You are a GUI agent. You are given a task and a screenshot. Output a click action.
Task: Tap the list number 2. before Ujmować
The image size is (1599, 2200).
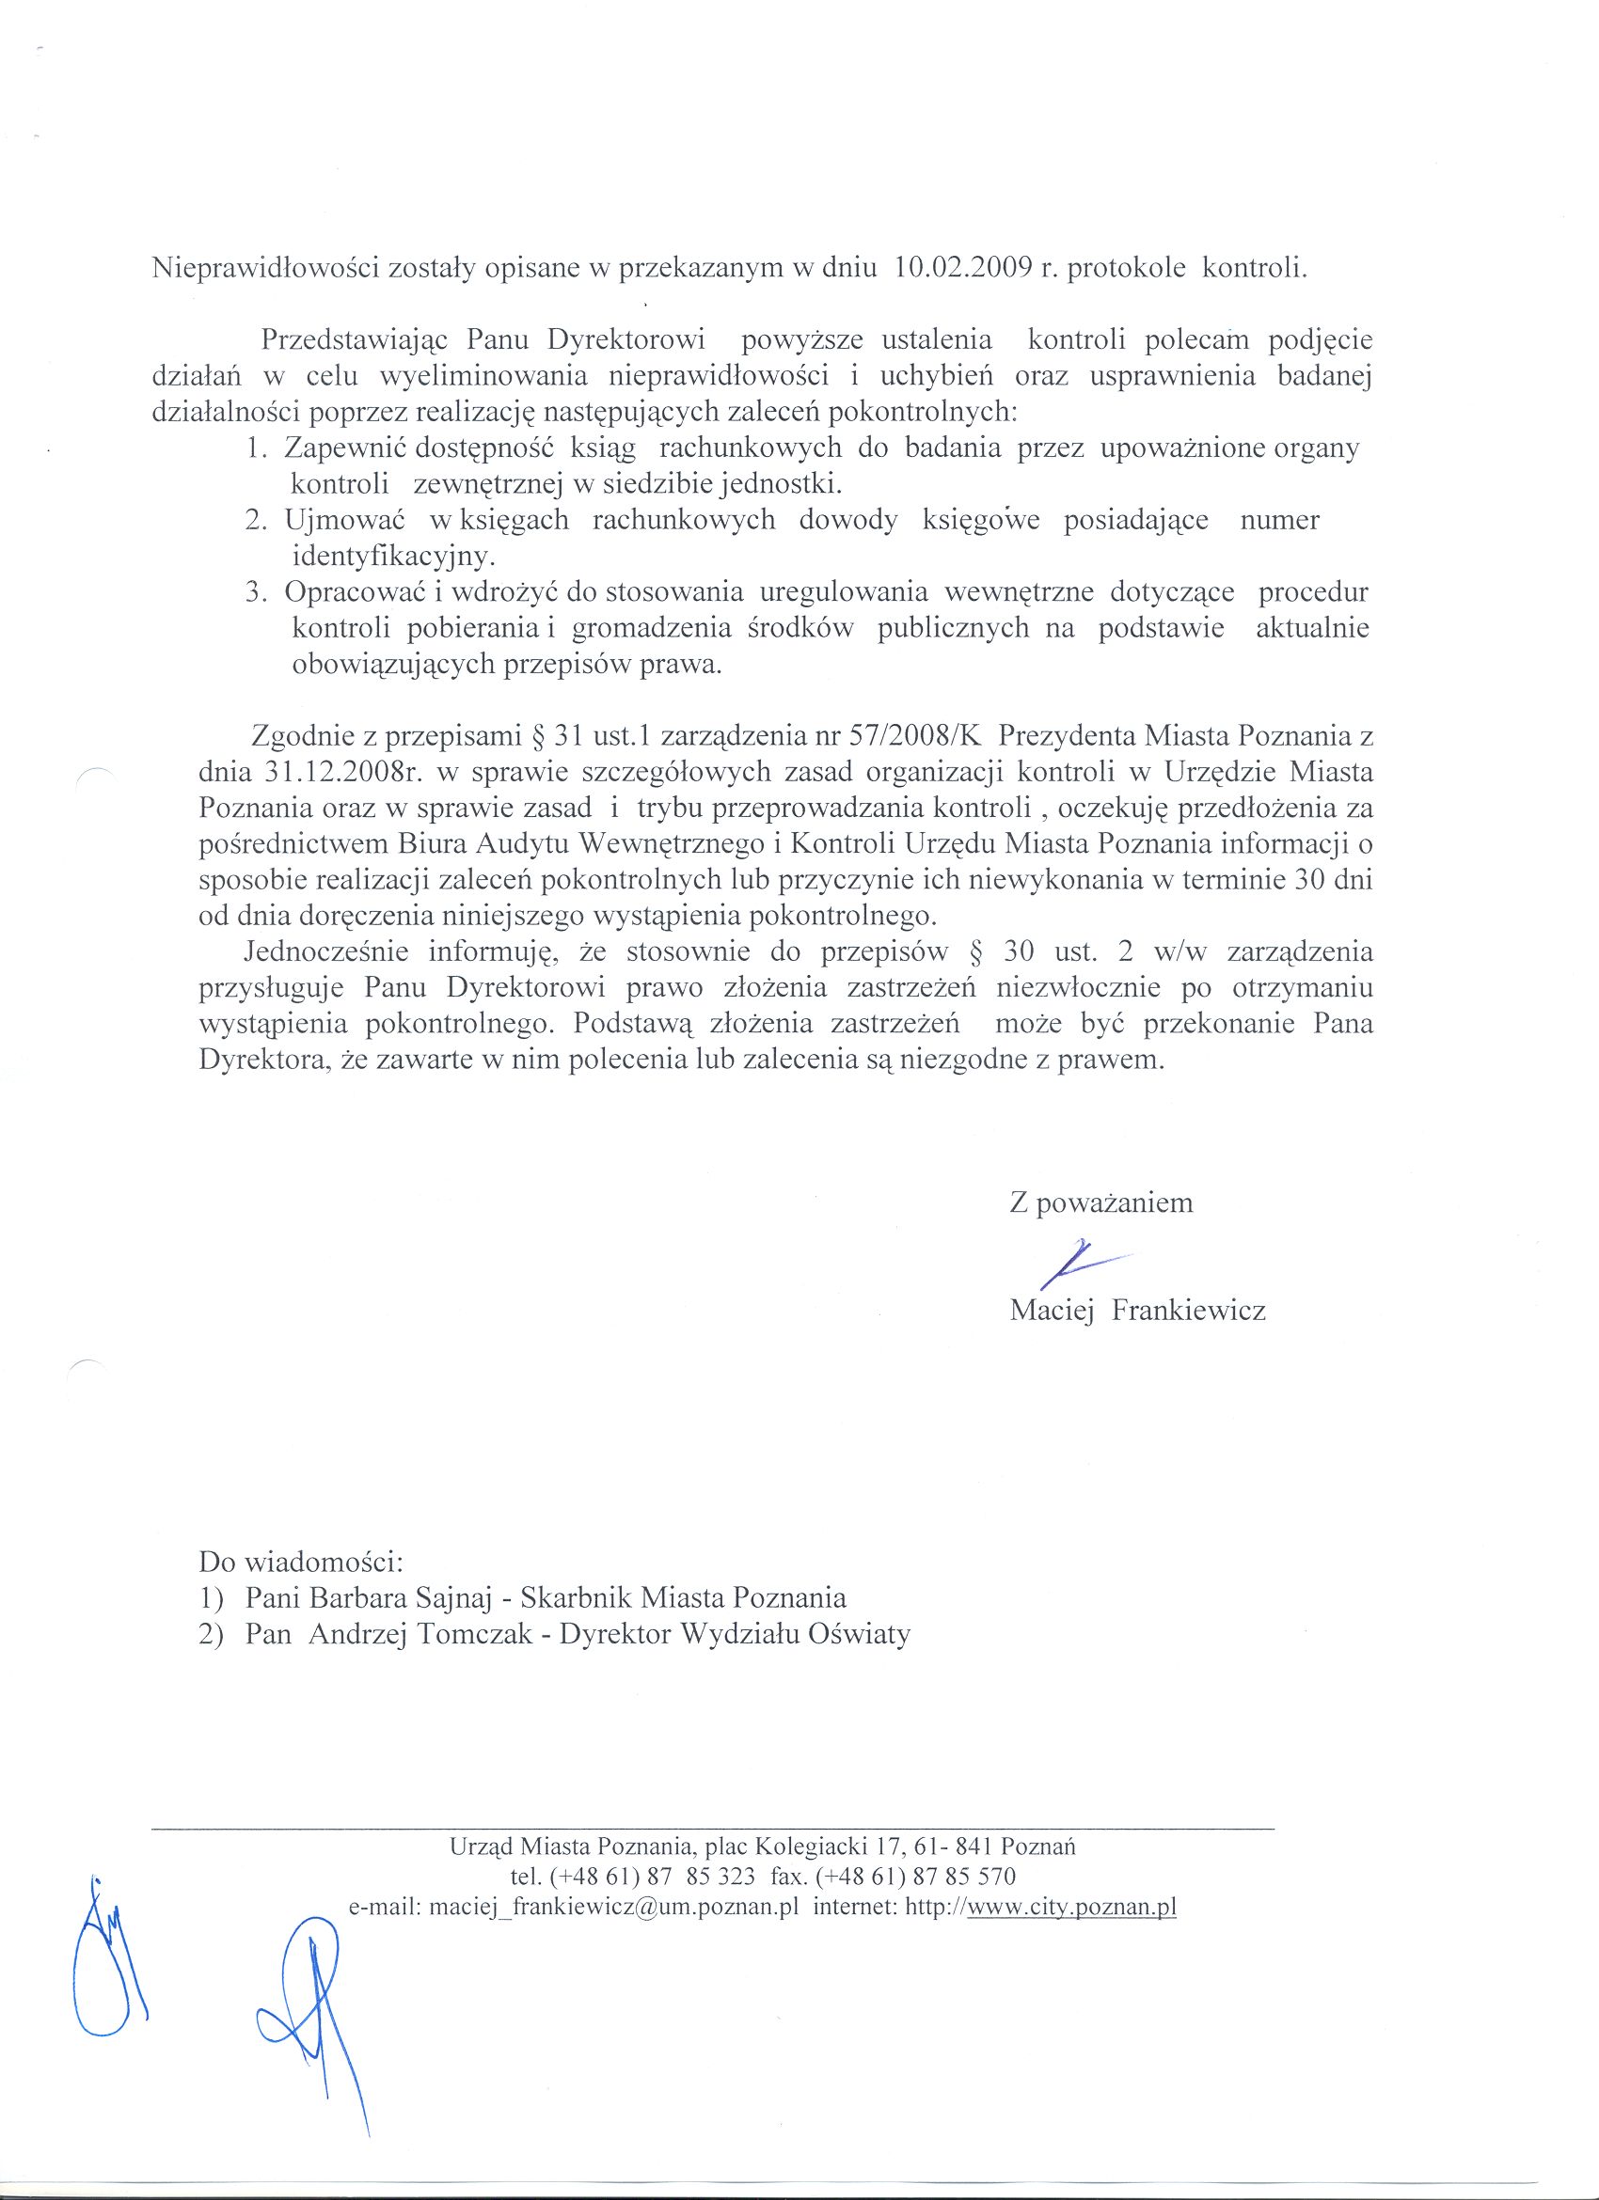point(256,520)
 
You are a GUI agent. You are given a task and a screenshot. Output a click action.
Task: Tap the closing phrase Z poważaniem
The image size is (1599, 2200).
point(1101,1202)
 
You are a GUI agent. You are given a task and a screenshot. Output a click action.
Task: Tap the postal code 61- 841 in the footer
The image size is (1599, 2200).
point(958,1846)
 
